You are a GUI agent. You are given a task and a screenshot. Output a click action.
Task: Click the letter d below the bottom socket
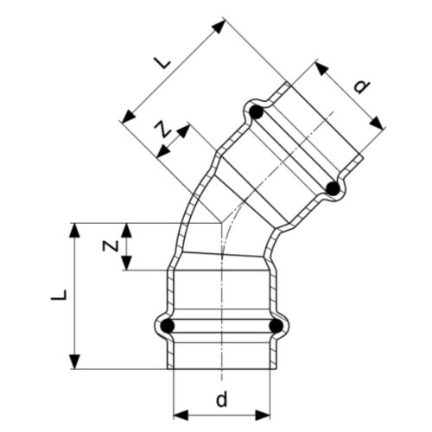click(x=222, y=400)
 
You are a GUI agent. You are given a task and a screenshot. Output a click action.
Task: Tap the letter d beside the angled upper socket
click(x=362, y=86)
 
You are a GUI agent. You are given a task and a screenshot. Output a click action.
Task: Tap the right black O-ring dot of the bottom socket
click(x=276, y=326)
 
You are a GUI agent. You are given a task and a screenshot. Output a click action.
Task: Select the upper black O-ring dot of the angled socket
click(x=256, y=111)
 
